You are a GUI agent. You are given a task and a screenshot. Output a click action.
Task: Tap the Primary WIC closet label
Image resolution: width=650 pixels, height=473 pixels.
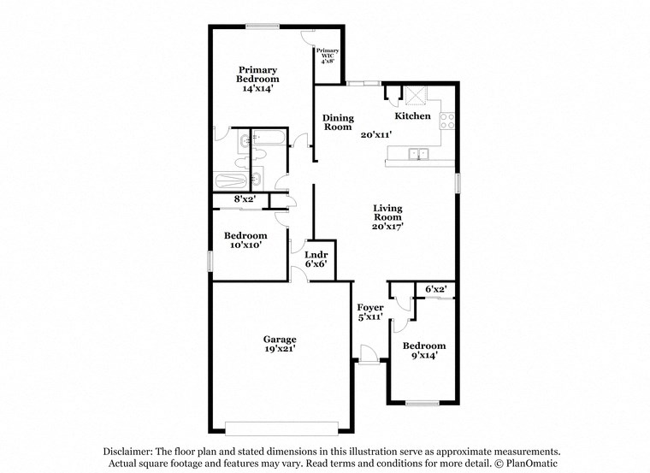click(x=330, y=56)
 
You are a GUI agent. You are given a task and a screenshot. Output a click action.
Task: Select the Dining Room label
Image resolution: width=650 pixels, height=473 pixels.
click(x=338, y=122)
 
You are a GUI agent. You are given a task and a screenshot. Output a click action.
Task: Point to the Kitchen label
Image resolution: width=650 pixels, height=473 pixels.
click(x=412, y=116)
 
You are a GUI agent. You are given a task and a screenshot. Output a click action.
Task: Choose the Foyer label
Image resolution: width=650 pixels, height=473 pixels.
click(x=369, y=311)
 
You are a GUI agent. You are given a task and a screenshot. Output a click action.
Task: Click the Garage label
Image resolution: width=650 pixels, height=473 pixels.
click(x=280, y=344)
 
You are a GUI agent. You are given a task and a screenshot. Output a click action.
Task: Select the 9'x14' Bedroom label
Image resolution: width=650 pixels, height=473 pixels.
click(x=424, y=350)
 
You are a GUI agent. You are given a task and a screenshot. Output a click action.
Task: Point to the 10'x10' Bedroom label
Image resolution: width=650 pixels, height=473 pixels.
click(x=245, y=240)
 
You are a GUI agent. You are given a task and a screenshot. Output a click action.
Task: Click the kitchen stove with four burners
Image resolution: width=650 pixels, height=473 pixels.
click(x=446, y=121)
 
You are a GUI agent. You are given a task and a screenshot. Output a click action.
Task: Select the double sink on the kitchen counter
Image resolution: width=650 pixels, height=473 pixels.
click(x=418, y=154)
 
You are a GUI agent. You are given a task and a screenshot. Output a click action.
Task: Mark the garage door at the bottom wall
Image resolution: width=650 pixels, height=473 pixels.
click(x=280, y=426)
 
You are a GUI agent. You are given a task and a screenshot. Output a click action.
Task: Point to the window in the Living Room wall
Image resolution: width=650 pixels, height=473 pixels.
click(x=458, y=183)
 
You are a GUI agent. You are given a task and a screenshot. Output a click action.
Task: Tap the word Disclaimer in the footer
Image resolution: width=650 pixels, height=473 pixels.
click(x=127, y=452)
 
